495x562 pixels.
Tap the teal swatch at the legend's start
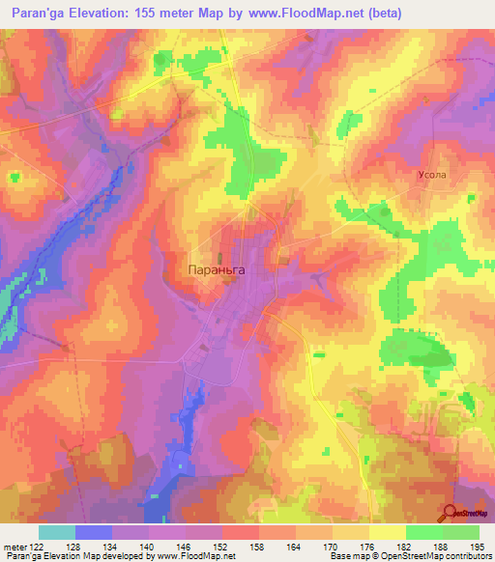point(57,532)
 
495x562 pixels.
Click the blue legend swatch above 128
point(94,532)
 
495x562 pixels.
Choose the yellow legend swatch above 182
point(388,532)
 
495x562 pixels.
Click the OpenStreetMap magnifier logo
point(451,513)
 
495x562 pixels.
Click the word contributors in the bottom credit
point(464,556)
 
